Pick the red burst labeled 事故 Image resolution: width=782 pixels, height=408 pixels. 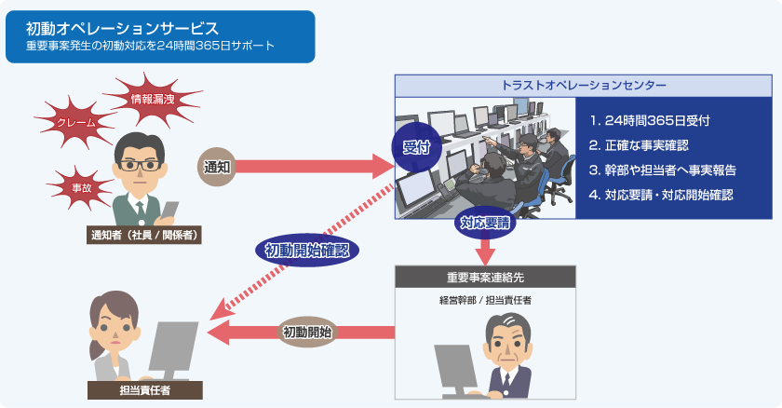point(82,187)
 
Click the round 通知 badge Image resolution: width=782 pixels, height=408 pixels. point(217,167)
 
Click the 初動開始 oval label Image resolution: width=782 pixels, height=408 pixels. point(308,332)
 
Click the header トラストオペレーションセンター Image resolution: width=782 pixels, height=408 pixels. point(584,86)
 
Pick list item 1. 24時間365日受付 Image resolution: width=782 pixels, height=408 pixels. point(651,121)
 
